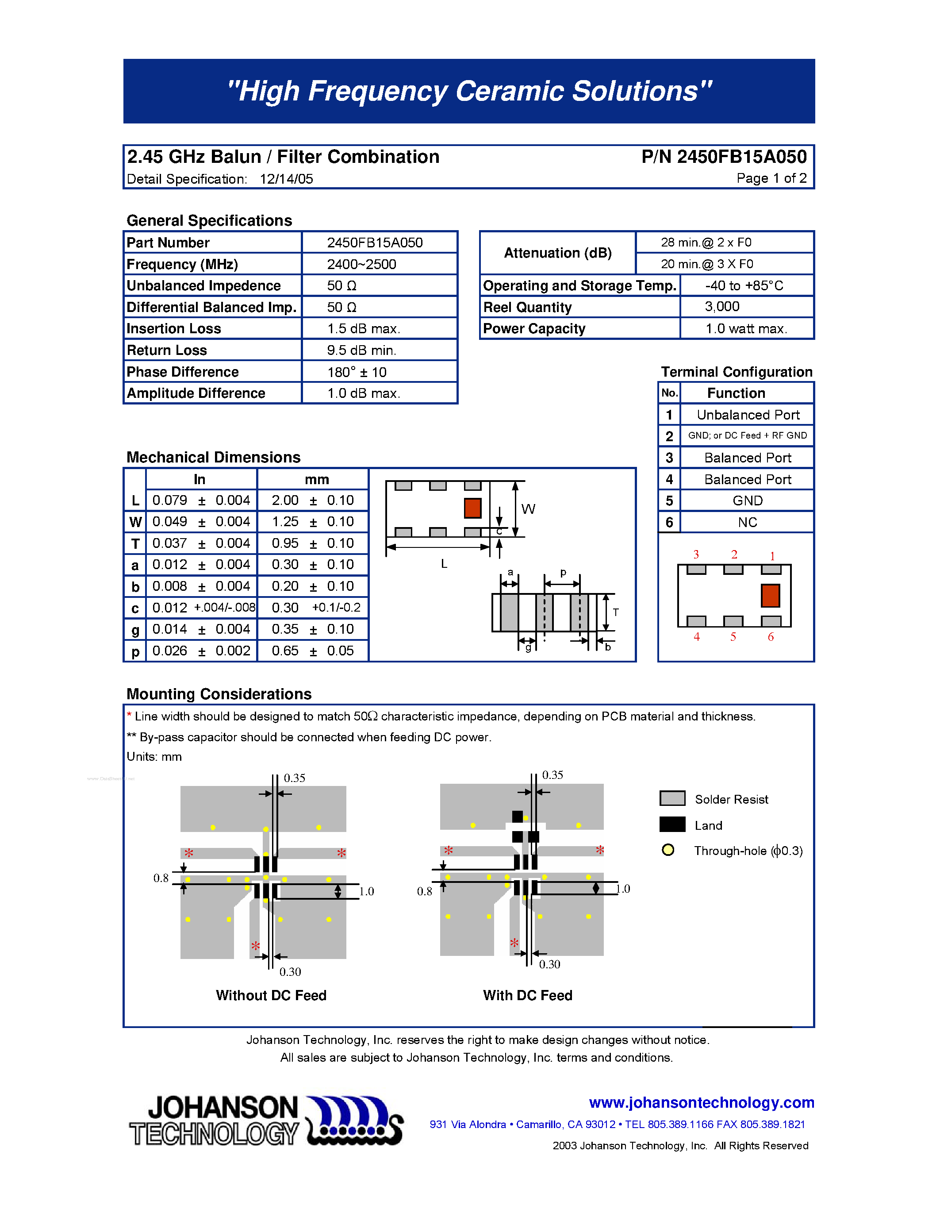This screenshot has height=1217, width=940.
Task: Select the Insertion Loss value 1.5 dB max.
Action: [363, 329]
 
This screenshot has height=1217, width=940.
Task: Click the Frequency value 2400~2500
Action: [361, 264]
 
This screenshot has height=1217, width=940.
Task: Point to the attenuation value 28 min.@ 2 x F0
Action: [706, 243]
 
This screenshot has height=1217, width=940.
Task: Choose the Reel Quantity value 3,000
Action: [722, 307]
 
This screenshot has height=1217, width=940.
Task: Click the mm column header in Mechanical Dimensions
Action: [316, 479]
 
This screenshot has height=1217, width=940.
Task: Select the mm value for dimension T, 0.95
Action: [285, 543]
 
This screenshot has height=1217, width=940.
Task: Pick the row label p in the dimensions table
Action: [135, 651]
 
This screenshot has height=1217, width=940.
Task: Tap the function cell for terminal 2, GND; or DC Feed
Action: [747, 436]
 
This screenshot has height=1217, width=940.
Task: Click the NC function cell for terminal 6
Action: [747, 522]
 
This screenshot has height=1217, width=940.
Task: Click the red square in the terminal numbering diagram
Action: [770, 596]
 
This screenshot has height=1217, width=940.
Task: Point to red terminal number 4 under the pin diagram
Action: [696, 637]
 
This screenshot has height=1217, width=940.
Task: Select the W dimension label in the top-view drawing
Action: [528, 509]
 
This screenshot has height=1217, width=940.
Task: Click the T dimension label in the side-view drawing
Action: [616, 612]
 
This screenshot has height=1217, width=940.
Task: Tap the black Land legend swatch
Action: [672, 825]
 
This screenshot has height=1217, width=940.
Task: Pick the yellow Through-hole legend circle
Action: [668, 850]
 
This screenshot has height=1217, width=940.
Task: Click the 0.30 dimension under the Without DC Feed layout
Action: [290, 972]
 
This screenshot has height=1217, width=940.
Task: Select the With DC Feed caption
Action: [527, 995]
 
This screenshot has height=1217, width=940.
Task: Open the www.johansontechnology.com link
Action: [701, 1102]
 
